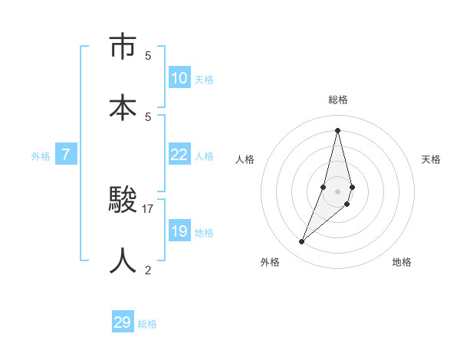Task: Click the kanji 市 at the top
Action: click(x=123, y=47)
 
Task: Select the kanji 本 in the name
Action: click(x=123, y=106)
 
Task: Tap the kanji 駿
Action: click(x=123, y=201)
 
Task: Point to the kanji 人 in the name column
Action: click(x=123, y=260)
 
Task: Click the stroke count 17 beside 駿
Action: click(x=148, y=208)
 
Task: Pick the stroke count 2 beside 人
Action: click(x=148, y=269)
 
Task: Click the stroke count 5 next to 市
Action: click(x=148, y=55)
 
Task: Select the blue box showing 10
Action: click(x=179, y=78)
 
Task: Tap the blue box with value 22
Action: click(x=179, y=155)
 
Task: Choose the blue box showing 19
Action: click(x=179, y=231)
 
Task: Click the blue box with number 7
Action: click(x=66, y=155)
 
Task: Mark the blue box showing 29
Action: click(x=123, y=322)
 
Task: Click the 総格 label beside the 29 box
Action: click(x=148, y=324)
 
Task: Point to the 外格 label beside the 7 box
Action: click(x=41, y=156)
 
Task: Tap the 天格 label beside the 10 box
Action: click(x=204, y=80)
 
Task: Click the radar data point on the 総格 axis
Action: click(x=337, y=129)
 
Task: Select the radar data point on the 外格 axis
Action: click(x=302, y=242)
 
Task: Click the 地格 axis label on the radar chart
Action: click(x=402, y=262)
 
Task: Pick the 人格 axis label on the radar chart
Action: click(x=245, y=159)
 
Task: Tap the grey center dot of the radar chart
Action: click(x=337, y=191)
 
